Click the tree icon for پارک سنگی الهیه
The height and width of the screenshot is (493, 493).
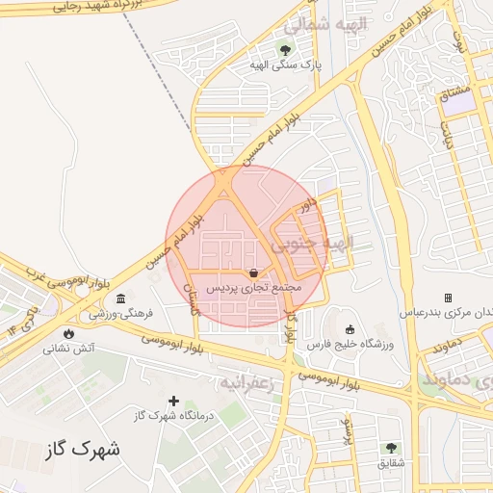pyautogui.click(x=284, y=49)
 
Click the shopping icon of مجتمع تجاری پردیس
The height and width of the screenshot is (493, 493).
pyautogui.click(x=252, y=272)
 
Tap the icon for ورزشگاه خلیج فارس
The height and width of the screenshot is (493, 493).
pyautogui.click(x=350, y=329)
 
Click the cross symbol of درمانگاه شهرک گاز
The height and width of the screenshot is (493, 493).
pyautogui.click(x=174, y=401)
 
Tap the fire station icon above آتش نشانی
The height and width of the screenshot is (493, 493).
pyautogui.click(x=67, y=332)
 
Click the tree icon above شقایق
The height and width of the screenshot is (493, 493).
pyautogui.click(x=391, y=448)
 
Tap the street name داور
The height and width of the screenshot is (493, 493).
pyautogui.click(x=307, y=205)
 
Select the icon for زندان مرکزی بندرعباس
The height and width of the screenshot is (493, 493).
pyautogui.click(x=447, y=298)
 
